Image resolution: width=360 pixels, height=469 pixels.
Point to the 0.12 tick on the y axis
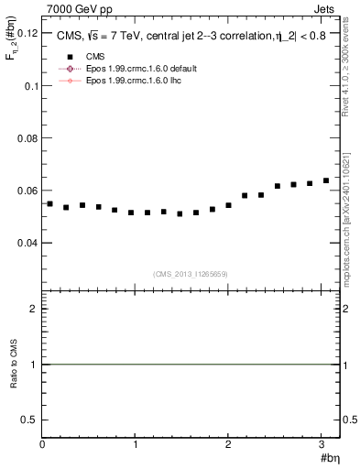tap(27, 33)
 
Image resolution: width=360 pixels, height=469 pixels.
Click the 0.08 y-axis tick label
tap(27, 138)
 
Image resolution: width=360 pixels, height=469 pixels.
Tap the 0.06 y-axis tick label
tap(27, 191)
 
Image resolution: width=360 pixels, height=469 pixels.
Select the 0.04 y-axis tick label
tap(27, 243)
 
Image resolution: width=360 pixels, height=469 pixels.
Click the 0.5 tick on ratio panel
tap(30, 420)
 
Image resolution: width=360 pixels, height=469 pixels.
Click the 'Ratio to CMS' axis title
tap(13, 364)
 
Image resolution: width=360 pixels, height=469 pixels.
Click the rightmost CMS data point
tap(326, 180)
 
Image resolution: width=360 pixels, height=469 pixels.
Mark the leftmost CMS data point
tap(49, 203)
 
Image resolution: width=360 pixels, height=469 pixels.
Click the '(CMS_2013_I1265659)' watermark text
tap(190, 274)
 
